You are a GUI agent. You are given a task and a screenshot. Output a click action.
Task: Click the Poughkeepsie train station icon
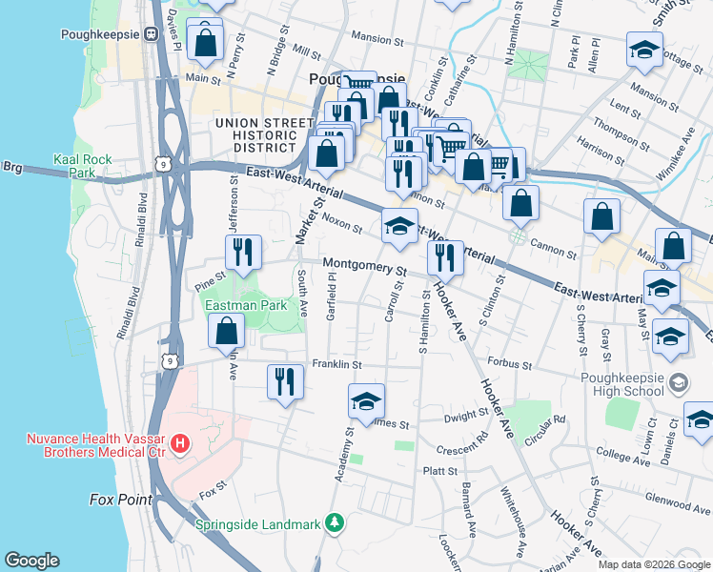pyautogui.click(x=151, y=34)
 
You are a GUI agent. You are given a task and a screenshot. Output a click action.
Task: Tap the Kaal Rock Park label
pyautogui.click(x=82, y=167)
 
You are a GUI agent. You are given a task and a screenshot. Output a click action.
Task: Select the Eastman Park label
pyautogui.click(x=247, y=306)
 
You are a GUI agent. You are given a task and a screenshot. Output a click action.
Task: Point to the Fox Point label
pyautogui.click(x=121, y=500)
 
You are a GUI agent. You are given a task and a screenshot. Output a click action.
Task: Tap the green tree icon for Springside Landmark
pyautogui.click(x=334, y=522)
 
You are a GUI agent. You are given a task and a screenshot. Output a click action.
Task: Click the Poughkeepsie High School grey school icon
pyautogui.click(x=678, y=383)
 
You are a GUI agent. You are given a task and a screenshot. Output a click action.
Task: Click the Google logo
pyautogui.click(x=32, y=561)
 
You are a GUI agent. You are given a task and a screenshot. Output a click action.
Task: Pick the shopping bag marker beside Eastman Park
pyautogui.click(x=227, y=333)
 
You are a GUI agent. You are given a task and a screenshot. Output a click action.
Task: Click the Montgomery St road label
pyautogui.click(x=363, y=266)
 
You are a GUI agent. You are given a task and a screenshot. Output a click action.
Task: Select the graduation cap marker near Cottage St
pyautogui.click(x=644, y=50)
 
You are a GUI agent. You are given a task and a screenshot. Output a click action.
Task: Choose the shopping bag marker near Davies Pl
pyautogui.click(x=204, y=40)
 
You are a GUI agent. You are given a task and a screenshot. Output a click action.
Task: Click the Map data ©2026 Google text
pyautogui.click(x=653, y=563)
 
